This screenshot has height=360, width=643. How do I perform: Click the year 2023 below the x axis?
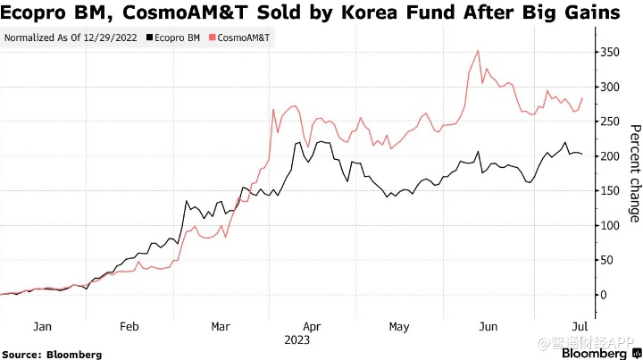tap(298, 340)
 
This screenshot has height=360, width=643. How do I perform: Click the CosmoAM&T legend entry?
tap(241, 38)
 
